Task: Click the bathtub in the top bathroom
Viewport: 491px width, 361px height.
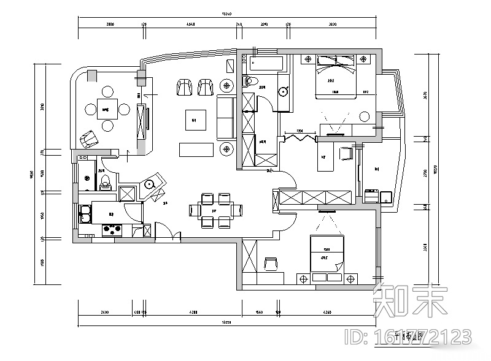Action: pyautogui.click(x=266, y=63)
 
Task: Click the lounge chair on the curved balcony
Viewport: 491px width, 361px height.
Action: pyautogui.click(x=88, y=139)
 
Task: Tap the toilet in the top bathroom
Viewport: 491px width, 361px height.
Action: pyautogui.click(x=250, y=81)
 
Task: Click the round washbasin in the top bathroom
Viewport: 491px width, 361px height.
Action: pyautogui.click(x=284, y=92)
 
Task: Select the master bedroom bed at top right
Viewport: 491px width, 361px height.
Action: pyautogui.click(x=336, y=77)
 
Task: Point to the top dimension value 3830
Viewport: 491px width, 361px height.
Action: pyautogui.click(x=333, y=25)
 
